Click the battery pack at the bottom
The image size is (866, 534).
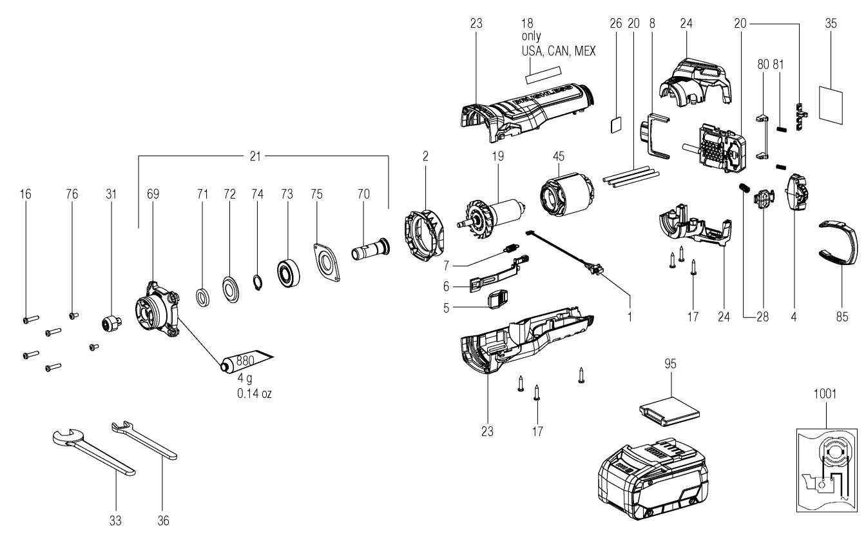point(653,479)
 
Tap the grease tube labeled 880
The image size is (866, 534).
point(247,361)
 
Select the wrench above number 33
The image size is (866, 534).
point(93,451)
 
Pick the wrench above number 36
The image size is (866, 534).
point(144,440)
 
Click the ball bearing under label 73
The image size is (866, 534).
point(289,272)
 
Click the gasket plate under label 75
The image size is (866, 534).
point(327,262)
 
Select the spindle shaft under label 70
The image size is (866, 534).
point(370,248)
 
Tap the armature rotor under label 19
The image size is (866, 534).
point(491,219)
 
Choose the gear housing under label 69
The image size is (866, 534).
point(157,310)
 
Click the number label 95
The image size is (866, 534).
point(670,364)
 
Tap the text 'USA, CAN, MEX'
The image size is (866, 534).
point(559,51)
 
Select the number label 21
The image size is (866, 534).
point(255,156)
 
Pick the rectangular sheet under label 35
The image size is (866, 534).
point(831,105)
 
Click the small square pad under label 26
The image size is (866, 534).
point(616,125)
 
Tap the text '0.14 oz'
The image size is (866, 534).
point(255,393)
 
